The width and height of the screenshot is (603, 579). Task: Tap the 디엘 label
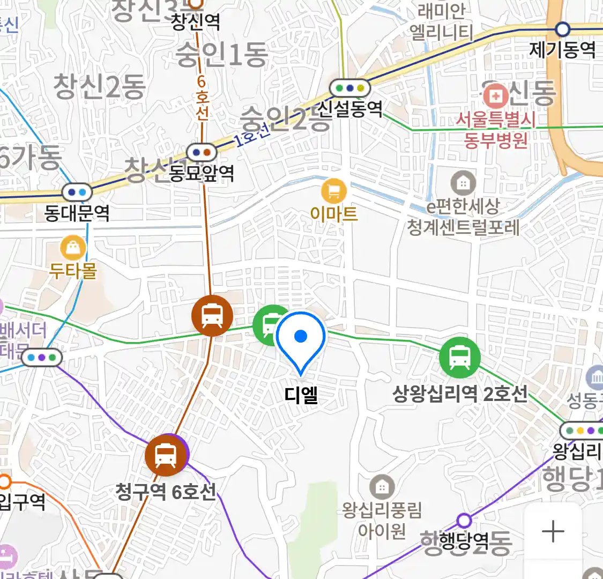301,396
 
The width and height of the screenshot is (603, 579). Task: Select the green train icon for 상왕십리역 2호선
459,357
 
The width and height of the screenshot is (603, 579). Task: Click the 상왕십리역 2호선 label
460,394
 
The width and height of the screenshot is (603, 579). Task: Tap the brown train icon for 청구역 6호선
166,456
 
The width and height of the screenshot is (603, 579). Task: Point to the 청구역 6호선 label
166,491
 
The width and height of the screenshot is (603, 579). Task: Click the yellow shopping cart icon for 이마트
333,190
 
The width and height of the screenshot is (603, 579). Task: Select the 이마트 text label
333,214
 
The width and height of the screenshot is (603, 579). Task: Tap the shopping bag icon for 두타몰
73,248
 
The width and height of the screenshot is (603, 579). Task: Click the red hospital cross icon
496,96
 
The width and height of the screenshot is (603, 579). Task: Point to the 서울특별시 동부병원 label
496,130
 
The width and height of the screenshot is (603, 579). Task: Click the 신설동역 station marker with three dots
350,87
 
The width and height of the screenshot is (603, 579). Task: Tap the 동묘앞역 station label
202,173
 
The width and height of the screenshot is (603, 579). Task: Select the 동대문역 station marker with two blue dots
77,192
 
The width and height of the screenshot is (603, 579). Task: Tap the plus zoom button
553,531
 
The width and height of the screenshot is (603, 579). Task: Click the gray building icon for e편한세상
463,184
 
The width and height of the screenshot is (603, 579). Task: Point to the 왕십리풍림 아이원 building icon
382,487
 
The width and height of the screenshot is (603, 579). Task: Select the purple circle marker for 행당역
464,520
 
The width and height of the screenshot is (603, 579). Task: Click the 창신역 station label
196,21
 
